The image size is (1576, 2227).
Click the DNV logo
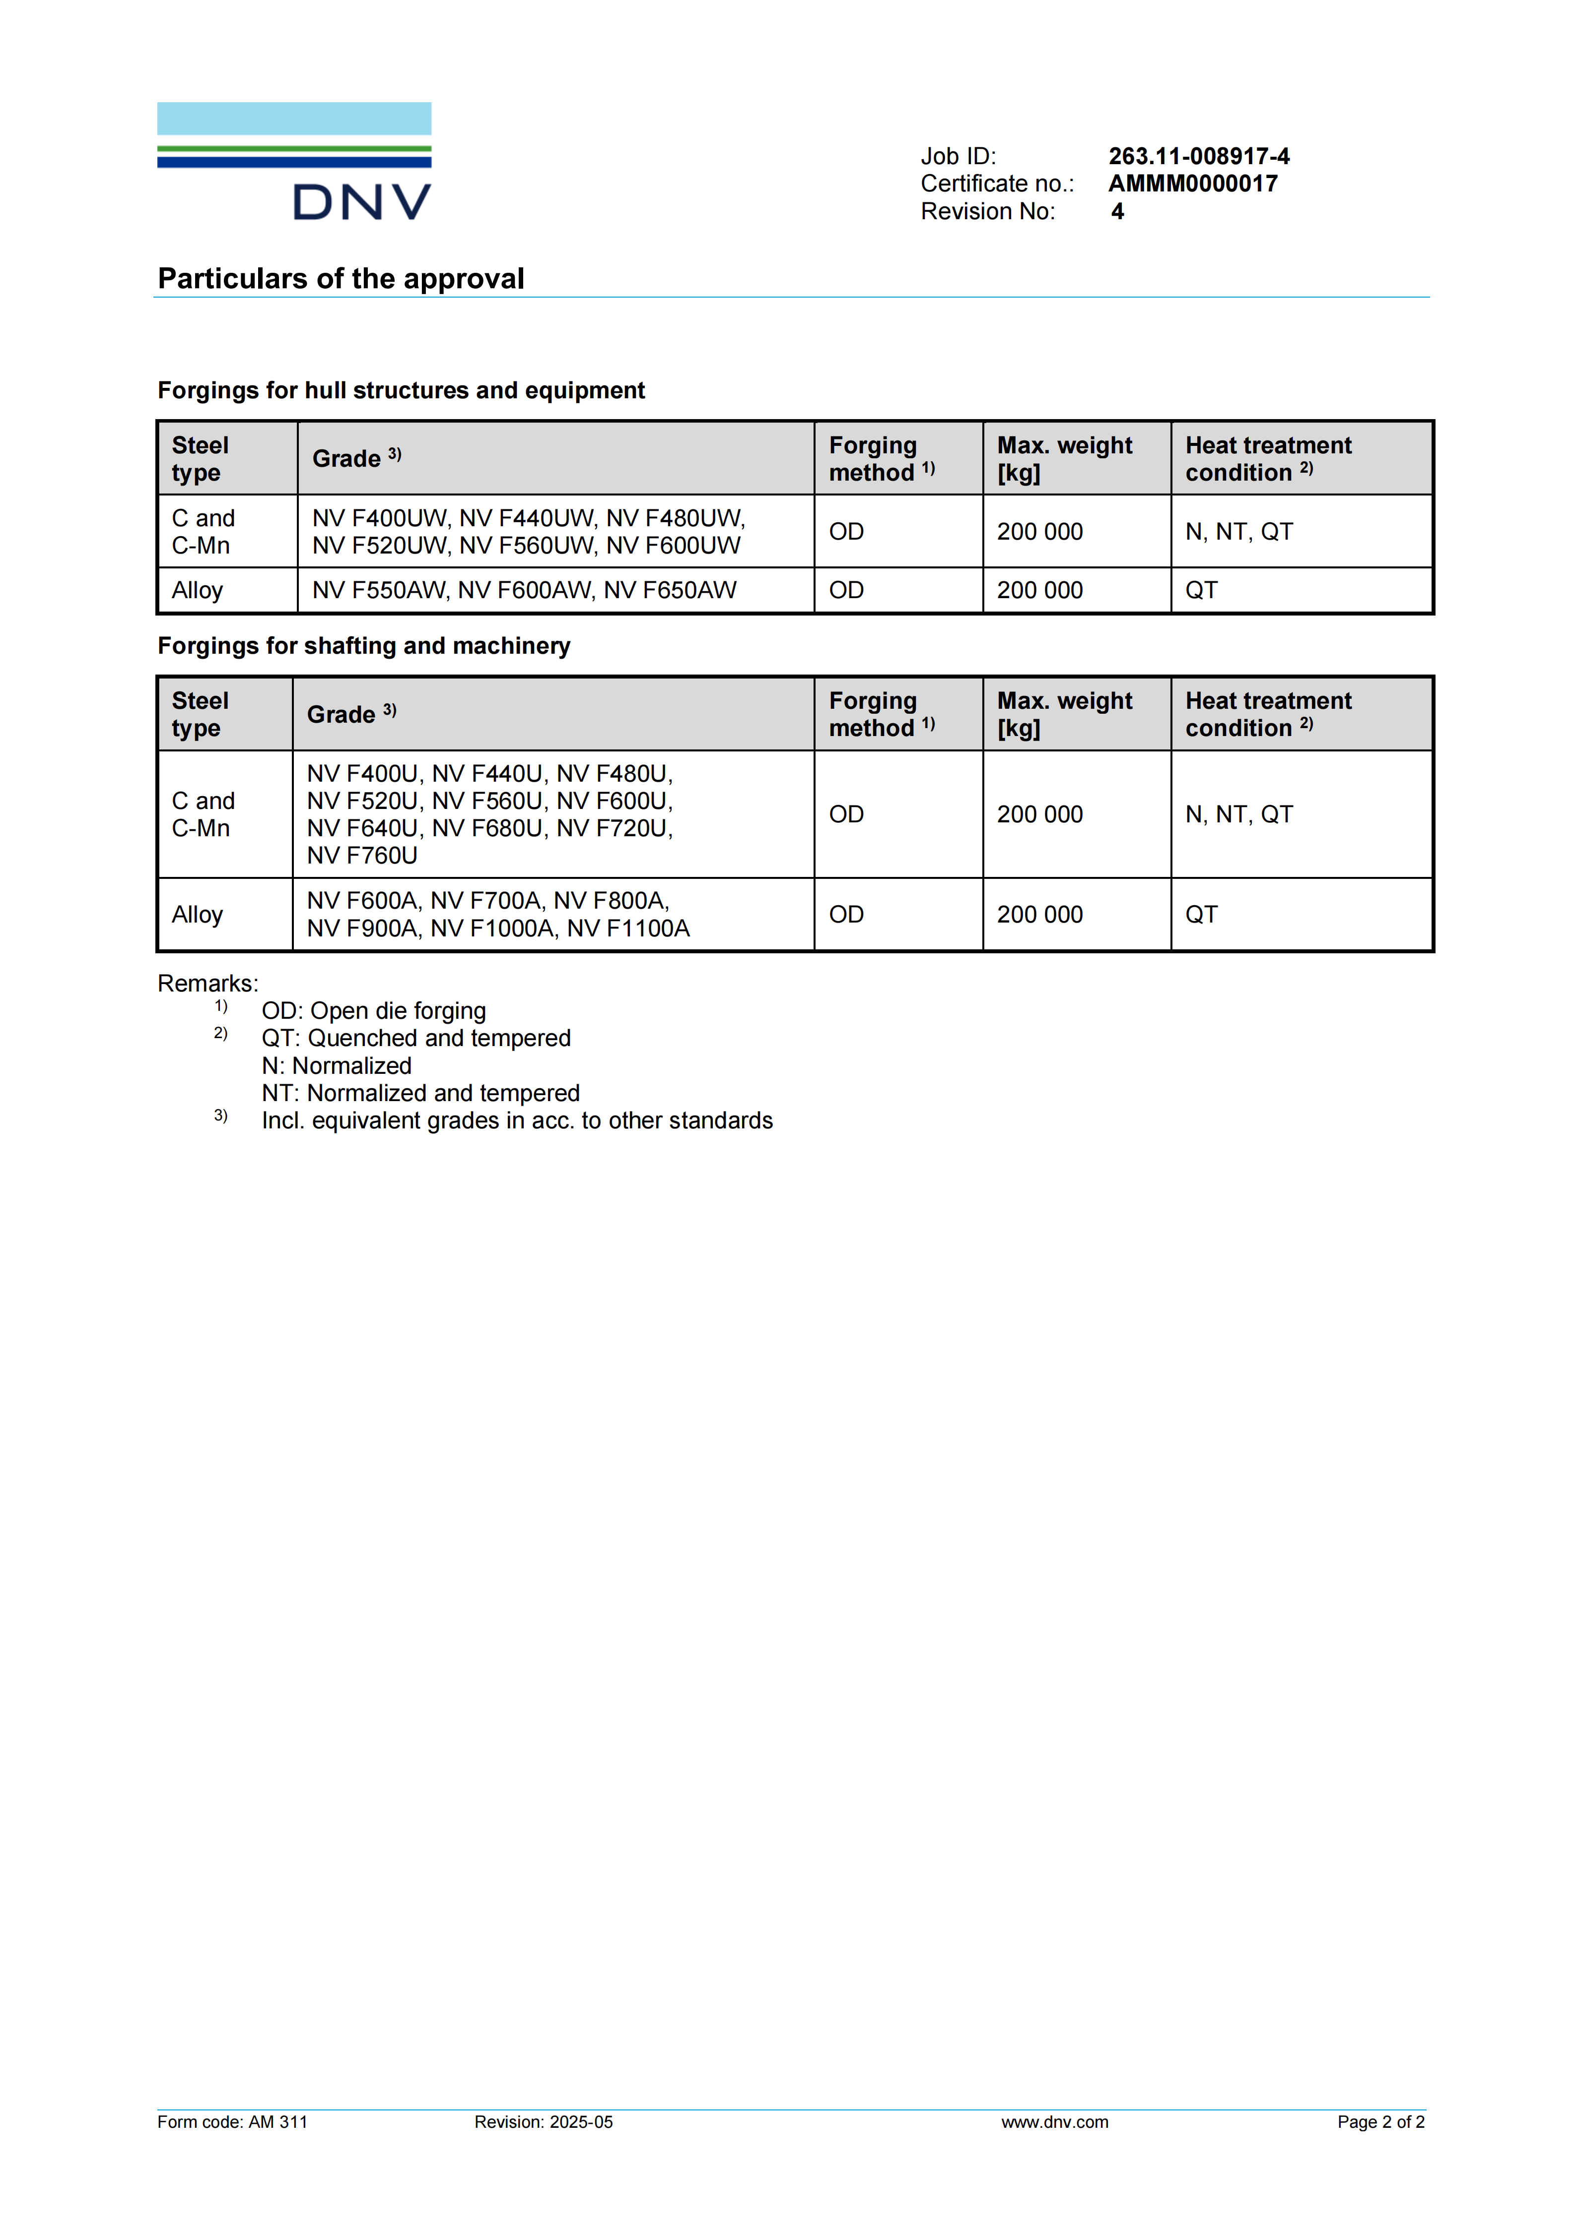[294, 162]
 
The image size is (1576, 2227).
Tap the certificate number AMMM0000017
[1193, 184]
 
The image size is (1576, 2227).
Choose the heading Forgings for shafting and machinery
[364, 646]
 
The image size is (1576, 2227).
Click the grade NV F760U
[362, 856]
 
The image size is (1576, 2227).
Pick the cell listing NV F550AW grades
[524, 590]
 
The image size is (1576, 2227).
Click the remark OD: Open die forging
[374, 1011]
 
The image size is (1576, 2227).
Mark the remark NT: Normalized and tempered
[420, 1093]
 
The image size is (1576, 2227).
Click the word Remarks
[207, 984]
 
